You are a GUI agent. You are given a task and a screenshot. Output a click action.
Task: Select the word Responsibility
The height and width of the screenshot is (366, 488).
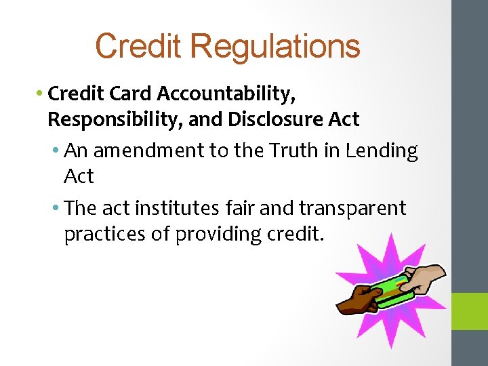pyautogui.click(x=116, y=119)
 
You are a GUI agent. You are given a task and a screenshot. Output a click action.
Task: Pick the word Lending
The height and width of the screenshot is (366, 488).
pyautogui.click(x=382, y=150)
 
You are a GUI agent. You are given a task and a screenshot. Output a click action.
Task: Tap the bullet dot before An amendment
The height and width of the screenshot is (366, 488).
pyautogui.click(x=55, y=150)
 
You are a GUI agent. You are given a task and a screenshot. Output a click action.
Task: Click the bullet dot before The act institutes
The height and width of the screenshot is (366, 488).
pyautogui.click(x=55, y=208)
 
